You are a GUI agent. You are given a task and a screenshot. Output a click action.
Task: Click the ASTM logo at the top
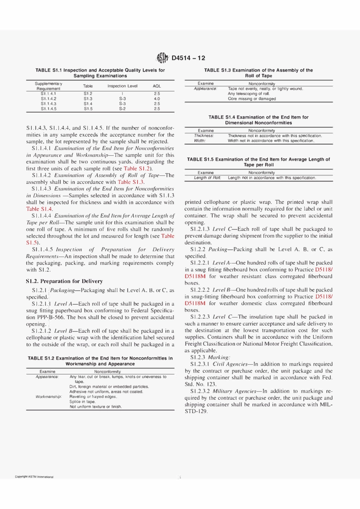click(163, 58)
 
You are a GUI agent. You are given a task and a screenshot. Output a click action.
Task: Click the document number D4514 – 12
click(188, 58)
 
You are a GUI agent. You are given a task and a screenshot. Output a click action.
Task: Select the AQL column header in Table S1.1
click(157, 86)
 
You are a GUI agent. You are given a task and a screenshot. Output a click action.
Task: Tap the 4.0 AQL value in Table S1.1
click(157, 99)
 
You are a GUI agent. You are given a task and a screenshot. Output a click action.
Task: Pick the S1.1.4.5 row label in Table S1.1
click(49, 109)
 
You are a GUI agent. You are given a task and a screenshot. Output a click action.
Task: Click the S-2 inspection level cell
click(122, 109)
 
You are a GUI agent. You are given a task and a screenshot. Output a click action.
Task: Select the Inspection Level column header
click(122, 86)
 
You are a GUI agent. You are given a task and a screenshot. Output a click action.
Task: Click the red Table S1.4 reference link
click(39, 209)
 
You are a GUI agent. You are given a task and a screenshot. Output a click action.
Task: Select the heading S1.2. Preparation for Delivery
click(64, 281)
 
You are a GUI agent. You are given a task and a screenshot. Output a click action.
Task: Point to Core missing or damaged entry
click(252, 99)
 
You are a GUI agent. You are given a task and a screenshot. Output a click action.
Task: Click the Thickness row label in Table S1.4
click(204, 136)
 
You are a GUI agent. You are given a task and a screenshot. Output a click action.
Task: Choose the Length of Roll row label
click(207, 178)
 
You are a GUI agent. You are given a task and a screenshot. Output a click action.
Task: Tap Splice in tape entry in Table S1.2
click(82, 401)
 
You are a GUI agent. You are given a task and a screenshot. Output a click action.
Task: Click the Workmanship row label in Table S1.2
click(49, 396)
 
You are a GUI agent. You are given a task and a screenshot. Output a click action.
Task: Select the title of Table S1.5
click(258, 162)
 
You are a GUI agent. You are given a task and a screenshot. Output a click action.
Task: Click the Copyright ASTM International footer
click(34, 477)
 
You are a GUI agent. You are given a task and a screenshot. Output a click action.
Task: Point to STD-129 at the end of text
click(196, 412)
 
